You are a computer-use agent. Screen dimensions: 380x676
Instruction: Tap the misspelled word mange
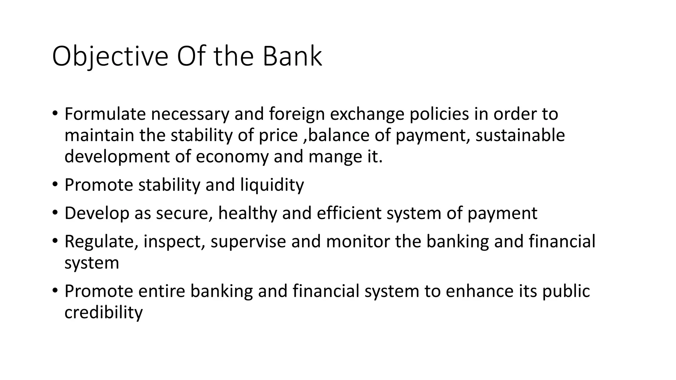tap(333, 157)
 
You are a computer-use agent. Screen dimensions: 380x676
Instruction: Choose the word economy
tap(232, 157)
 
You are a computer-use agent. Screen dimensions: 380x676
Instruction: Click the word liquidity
tap(272, 185)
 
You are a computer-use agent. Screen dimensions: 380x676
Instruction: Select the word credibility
tap(104, 312)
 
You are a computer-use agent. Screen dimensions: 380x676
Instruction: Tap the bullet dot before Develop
tap(55, 212)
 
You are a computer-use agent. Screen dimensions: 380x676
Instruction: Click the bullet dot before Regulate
tap(55, 240)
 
